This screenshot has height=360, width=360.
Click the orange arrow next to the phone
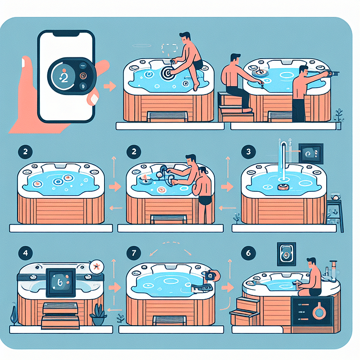click(x=111, y=87)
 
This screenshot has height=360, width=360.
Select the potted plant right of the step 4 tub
click(x=99, y=312)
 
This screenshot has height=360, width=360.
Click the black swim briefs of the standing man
click(x=206, y=201)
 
